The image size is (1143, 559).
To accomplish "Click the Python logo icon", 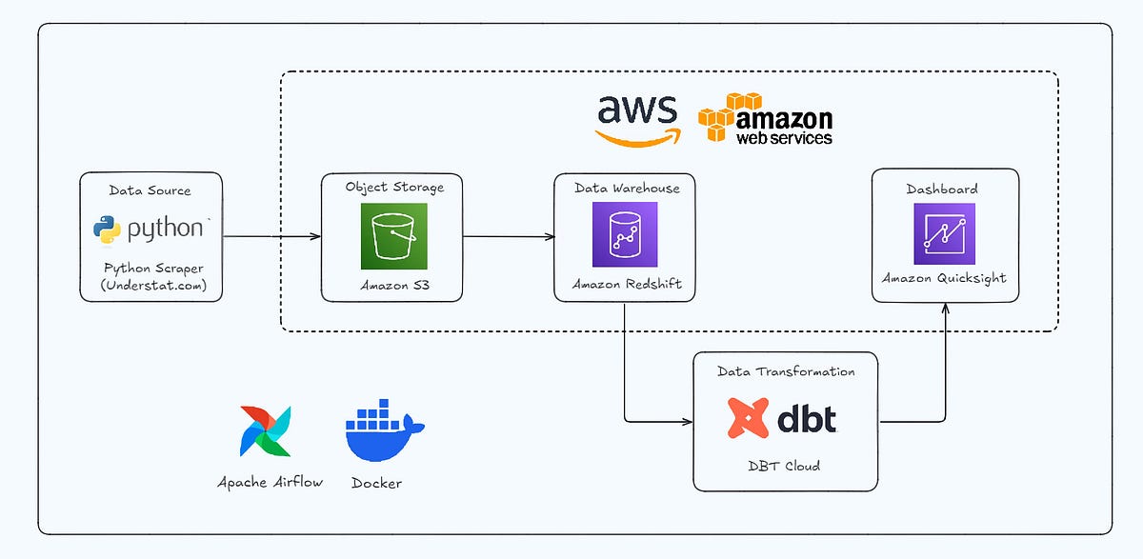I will point(106,229).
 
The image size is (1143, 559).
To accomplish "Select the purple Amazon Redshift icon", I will point(624,234).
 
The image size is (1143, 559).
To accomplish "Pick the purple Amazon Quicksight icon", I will point(944,232).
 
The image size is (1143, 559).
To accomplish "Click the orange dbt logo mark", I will point(748,417).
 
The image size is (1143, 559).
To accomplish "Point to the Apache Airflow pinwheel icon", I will point(269,431).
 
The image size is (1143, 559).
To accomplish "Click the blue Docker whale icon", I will point(383,429).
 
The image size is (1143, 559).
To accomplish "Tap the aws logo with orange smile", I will point(637,118).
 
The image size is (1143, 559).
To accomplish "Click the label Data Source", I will point(150,190).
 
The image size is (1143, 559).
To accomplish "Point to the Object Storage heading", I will point(394,188).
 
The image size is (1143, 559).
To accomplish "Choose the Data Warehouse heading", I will point(627,189).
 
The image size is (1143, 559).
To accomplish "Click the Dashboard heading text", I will point(941,190).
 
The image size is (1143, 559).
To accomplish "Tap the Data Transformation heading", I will point(785,371).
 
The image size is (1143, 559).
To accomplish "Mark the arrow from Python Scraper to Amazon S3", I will point(271,236).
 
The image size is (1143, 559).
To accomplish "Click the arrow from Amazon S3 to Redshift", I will point(508,236).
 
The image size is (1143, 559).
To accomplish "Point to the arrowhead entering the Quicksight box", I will point(946,309).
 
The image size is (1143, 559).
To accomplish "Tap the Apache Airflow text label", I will point(271,482).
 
